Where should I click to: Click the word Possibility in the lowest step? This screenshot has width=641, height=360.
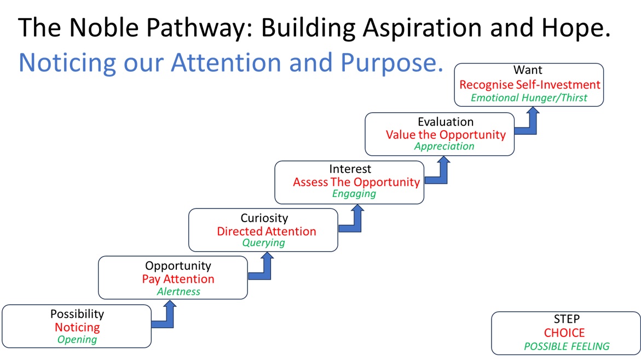(x=77, y=314)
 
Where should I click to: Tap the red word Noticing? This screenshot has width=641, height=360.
(x=77, y=327)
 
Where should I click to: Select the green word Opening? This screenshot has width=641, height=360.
(x=77, y=339)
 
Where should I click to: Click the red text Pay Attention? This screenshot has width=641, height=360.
(x=178, y=279)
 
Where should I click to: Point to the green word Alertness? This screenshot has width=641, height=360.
(x=178, y=292)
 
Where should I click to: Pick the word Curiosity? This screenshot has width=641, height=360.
(x=264, y=218)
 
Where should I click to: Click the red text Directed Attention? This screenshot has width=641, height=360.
(x=266, y=231)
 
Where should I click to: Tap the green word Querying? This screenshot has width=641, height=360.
(x=264, y=243)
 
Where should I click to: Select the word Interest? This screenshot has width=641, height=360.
(x=350, y=169)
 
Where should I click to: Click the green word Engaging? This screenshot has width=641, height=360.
(x=354, y=194)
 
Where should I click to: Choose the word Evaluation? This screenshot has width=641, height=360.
(x=445, y=121)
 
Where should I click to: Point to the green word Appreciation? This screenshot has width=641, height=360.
(x=444, y=146)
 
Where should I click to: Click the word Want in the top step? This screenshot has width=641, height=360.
(x=528, y=70)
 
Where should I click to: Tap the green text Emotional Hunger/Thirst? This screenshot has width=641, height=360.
(x=529, y=98)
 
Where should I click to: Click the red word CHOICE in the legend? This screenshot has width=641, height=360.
(x=564, y=333)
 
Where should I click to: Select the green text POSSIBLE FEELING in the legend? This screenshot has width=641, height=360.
(x=566, y=346)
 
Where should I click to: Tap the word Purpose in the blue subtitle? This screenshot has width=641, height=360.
(x=391, y=63)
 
